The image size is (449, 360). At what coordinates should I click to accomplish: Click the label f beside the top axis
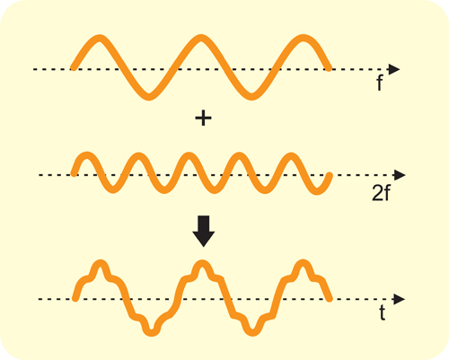click(x=380, y=83)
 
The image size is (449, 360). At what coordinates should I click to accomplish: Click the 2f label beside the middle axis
click(x=381, y=193)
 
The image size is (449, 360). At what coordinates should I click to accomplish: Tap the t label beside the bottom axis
click(x=383, y=313)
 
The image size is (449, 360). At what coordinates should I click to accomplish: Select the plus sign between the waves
click(x=203, y=119)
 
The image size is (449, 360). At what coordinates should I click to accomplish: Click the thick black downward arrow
click(x=204, y=231)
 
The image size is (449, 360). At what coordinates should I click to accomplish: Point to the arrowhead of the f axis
click(x=394, y=69)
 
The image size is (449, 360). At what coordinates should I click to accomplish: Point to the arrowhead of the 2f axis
click(x=400, y=175)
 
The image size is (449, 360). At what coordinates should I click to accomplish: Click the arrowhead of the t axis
click(x=400, y=299)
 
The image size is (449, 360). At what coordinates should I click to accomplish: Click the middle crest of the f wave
click(x=201, y=39)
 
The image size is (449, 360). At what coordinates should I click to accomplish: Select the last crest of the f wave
click(x=304, y=39)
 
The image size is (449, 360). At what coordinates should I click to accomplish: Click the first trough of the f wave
click(x=149, y=96)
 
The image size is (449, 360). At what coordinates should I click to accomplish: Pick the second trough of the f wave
click(x=251, y=96)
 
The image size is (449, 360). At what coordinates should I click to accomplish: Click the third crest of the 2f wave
click(x=189, y=156)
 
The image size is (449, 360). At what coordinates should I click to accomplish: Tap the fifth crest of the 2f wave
click(x=290, y=156)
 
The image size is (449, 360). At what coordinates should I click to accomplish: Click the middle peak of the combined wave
click(x=202, y=264)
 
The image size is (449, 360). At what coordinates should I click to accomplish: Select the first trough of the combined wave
click(x=152, y=332)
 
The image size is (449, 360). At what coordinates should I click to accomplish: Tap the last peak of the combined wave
click(x=304, y=264)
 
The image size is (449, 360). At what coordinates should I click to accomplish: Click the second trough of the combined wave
click(x=252, y=332)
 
